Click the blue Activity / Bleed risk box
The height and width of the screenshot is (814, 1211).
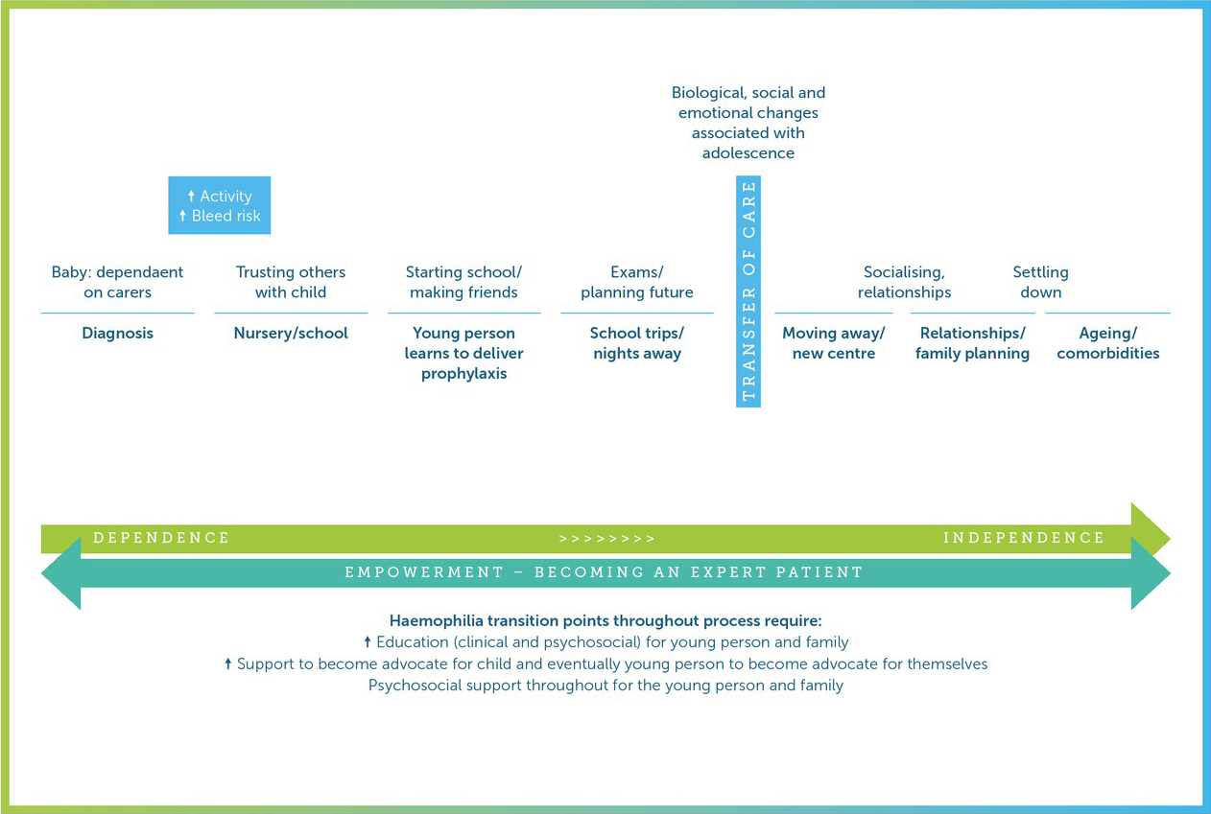[220, 205]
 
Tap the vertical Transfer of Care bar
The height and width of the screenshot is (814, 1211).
[748, 291]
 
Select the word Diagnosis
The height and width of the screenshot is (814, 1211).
[117, 334]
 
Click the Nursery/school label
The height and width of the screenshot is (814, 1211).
[291, 334]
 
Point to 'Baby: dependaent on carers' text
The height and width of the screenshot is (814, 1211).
[117, 282]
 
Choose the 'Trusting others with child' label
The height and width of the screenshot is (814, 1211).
[291, 282]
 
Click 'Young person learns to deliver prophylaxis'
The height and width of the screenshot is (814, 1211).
[463, 353]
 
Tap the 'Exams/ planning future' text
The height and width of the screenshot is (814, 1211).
[637, 282]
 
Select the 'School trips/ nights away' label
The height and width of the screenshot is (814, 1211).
[637, 343]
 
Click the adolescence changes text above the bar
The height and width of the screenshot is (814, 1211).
[748, 123]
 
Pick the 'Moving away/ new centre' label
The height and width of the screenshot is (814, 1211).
[833, 343]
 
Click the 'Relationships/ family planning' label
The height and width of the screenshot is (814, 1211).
[972, 343]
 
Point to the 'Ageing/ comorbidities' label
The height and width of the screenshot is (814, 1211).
[1108, 343]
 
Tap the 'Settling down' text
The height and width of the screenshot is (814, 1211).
[1041, 282]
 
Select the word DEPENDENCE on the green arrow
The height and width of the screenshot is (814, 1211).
[161, 538]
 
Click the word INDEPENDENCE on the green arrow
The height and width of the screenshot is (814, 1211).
[1024, 538]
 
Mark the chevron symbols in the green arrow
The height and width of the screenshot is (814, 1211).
[606, 538]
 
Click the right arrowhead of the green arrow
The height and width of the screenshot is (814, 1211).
[1150, 527]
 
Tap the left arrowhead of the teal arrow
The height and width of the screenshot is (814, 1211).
[61, 573]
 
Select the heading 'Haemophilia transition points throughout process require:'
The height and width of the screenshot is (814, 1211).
[605, 621]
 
